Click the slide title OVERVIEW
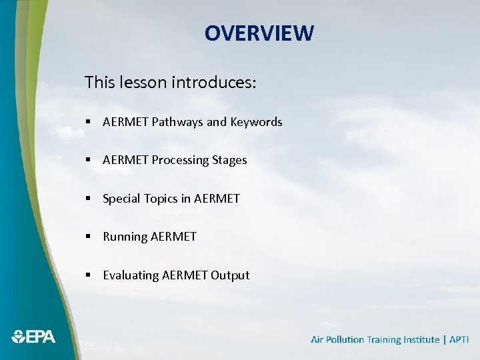click(259, 33)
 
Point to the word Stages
click(229, 160)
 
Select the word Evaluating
click(131, 275)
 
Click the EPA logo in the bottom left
click(33, 337)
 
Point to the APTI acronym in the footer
click(459, 340)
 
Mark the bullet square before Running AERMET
click(88, 237)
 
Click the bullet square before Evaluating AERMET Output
click(88, 275)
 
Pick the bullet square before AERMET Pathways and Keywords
click(88, 123)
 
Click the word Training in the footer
click(384, 340)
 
